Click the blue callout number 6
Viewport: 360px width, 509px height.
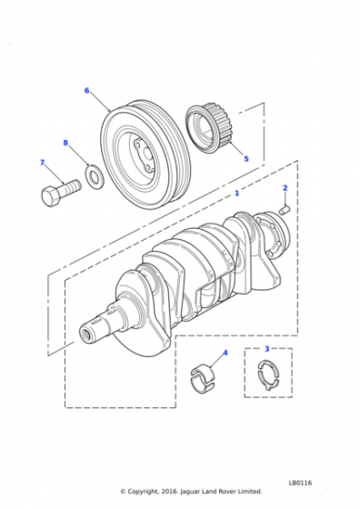click(x=86, y=91)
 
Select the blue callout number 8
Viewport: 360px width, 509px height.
click(x=65, y=143)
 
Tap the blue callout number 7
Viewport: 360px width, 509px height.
click(x=42, y=163)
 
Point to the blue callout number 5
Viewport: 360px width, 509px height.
click(x=246, y=159)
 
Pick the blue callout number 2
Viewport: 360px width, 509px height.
click(x=285, y=187)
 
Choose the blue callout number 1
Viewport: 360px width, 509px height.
click(x=237, y=193)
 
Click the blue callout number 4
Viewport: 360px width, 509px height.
click(x=225, y=353)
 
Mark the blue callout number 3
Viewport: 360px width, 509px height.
click(x=267, y=349)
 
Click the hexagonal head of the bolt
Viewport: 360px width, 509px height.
click(x=50, y=195)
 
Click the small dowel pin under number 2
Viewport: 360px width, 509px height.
click(x=285, y=210)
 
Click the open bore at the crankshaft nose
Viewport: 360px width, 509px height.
click(x=86, y=334)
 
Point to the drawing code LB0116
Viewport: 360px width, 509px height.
click(x=300, y=483)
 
